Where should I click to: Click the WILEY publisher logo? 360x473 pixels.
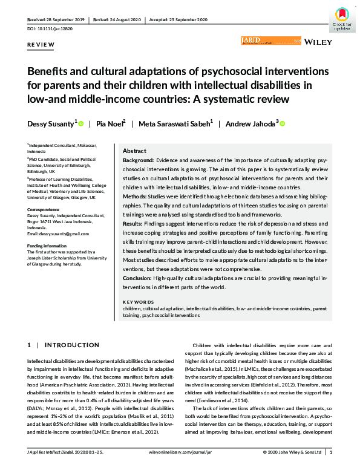(x=316, y=43)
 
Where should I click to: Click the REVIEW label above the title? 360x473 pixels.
(x=41, y=45)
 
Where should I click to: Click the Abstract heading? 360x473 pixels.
(x=134, y=151)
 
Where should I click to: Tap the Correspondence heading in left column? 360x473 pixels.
(x=44, y=209)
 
